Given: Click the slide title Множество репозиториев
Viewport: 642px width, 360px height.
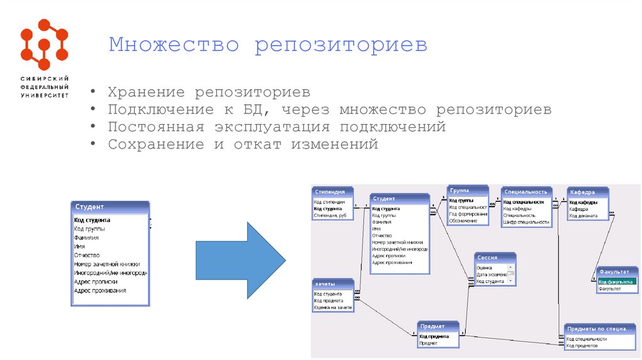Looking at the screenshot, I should (x=268, y=46).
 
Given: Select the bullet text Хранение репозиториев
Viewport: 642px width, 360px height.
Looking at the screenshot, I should (x=209, y=92).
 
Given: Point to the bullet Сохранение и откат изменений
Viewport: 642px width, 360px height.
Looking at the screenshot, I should (x=243, y=144).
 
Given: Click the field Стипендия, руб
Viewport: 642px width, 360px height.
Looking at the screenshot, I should (x=330, y=215).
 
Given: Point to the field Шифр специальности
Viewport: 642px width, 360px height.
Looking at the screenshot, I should (x=525, y=222).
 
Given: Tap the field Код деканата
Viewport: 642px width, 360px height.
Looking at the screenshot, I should (x=583, y=216).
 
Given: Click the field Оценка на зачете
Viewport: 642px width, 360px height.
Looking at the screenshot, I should (x=333, y=307).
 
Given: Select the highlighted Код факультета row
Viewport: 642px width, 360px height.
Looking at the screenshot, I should (x=617, y=282).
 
